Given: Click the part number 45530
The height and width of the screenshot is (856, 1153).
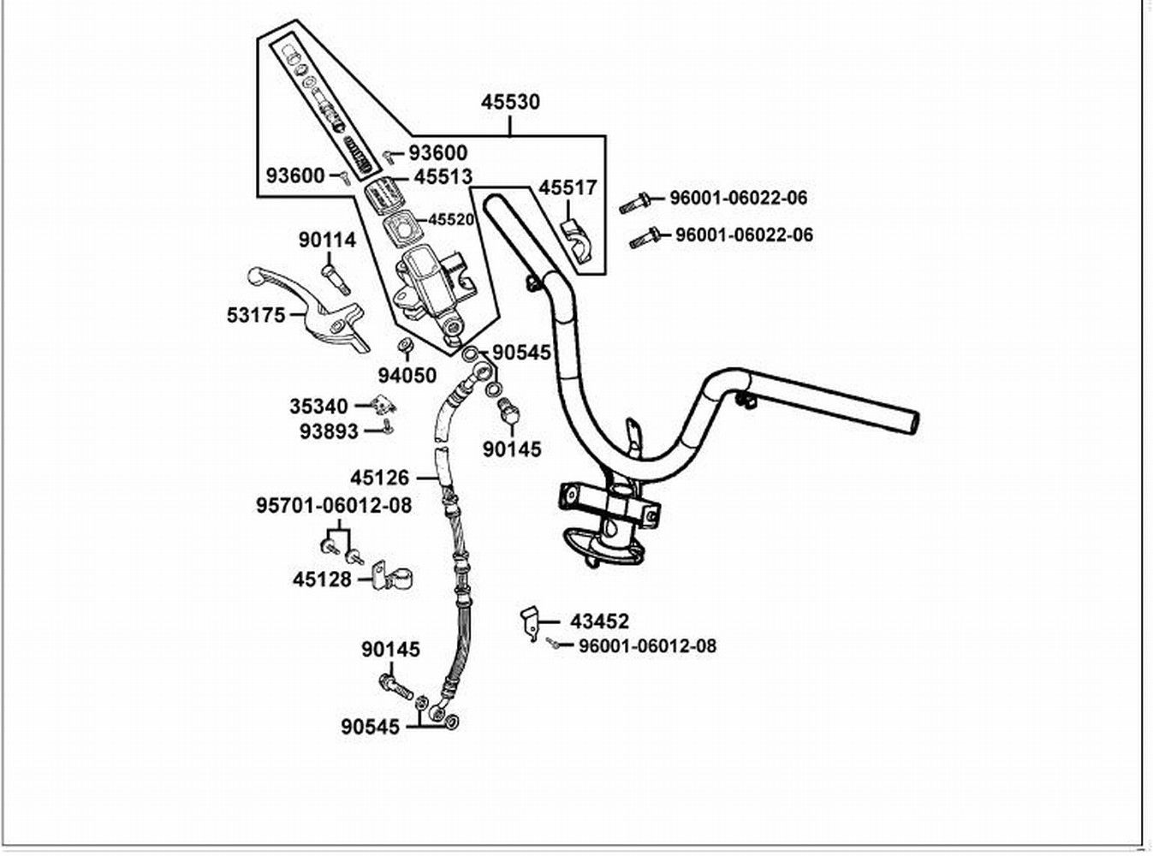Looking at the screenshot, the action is pyautogui.click(x=510, y=102).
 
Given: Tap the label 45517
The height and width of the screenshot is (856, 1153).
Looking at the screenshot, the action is pyautogui.click(x=568, y=187).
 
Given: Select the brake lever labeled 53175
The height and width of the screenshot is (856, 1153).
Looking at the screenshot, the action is pyautogui.click(x=308, y=309).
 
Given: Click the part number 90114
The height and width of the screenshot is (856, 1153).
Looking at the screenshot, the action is pyautogui.click(x=327, y=241).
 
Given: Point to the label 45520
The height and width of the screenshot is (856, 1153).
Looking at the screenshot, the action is pyautogui.click(x=451, y=220).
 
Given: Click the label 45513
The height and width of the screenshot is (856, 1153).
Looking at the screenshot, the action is pyautogui.click(x=443, y=177).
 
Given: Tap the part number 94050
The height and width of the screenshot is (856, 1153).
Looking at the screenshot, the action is pyautogui.click(x=407, y=376).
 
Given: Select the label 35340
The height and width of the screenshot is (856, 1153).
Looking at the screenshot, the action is pyautogui.click(x=318, y=407).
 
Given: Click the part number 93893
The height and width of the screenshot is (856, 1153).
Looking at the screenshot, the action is pyautogui.click(x=329, y=431).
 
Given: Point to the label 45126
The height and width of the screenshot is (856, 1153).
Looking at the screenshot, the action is pyautogui.click(x=379, y=478).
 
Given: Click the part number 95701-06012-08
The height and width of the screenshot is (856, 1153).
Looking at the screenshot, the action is pyautogui.click(x=334, y=506).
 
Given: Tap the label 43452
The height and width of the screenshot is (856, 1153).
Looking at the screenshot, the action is pyautogui.click(x=599, y=621).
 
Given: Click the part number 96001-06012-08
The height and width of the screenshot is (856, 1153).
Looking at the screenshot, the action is pyautogui.click(x=647, y=646).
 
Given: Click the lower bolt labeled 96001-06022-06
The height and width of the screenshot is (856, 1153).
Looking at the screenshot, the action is pyautogui.click(x=645, y=238).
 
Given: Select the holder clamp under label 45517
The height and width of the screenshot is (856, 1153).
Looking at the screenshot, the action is pyautogui.click(x=578, y=242).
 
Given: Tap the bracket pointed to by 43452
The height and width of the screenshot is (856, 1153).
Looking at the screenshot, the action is pyautogui.click(x=529, y=623).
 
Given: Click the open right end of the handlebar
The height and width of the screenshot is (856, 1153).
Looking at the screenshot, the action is pyautogui.click(x=910, y=422).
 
